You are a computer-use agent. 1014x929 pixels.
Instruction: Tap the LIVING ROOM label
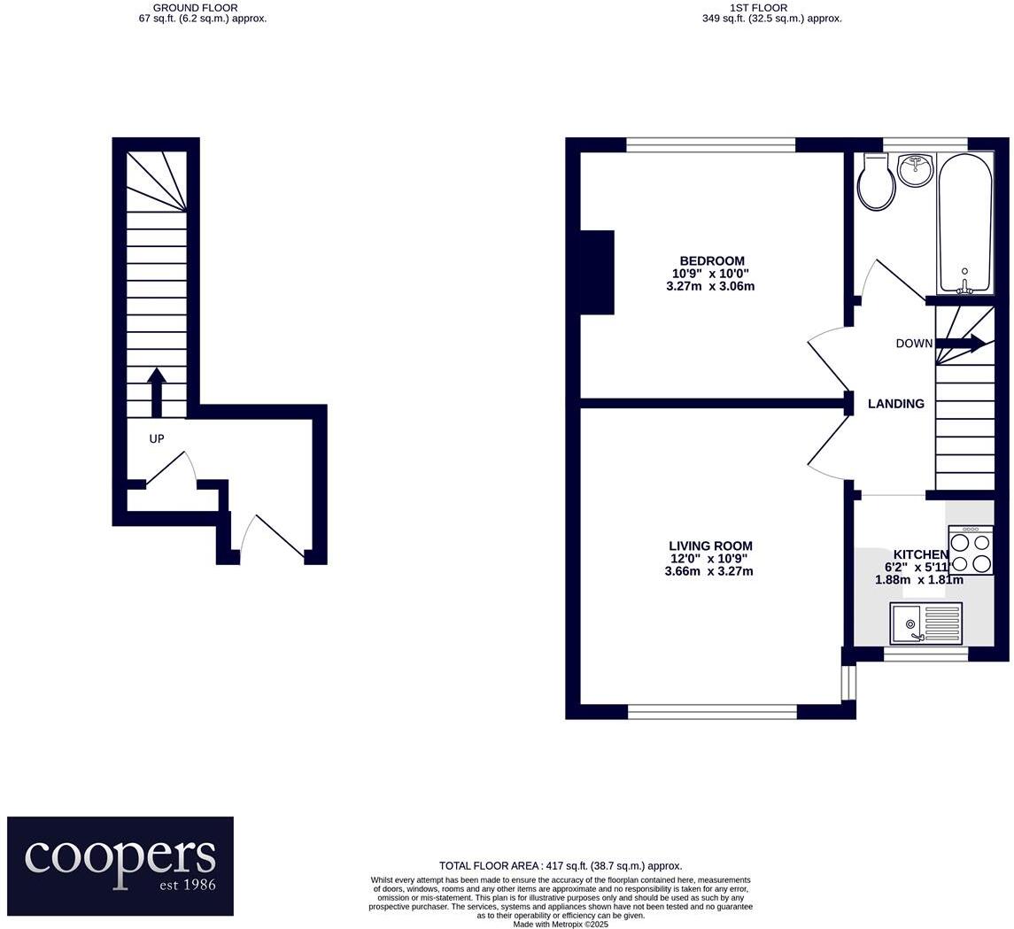(710, 546)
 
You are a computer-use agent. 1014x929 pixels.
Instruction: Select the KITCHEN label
(921, 554)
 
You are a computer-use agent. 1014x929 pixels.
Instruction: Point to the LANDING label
(895, 404)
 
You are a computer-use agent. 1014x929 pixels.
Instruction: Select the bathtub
(964, 224)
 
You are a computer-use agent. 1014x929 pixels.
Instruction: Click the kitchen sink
(926, 623)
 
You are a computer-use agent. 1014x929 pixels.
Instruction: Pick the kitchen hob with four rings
(971, 549)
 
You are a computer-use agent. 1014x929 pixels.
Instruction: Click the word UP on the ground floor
(157, 439)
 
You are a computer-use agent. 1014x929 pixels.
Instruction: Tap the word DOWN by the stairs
(914, 344)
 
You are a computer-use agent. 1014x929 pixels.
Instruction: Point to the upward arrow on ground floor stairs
(155, 392)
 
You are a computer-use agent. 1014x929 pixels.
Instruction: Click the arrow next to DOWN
(961, 344)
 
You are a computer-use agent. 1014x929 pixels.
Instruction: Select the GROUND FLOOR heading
(196, 8)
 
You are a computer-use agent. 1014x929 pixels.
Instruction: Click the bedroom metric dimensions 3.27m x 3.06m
(710, 286)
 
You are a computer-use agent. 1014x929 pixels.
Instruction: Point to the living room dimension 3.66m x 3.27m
(708, 571)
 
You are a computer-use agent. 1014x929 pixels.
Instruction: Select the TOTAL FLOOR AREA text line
(560, 865)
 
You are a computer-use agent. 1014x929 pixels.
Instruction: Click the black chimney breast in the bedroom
(597, 272)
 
